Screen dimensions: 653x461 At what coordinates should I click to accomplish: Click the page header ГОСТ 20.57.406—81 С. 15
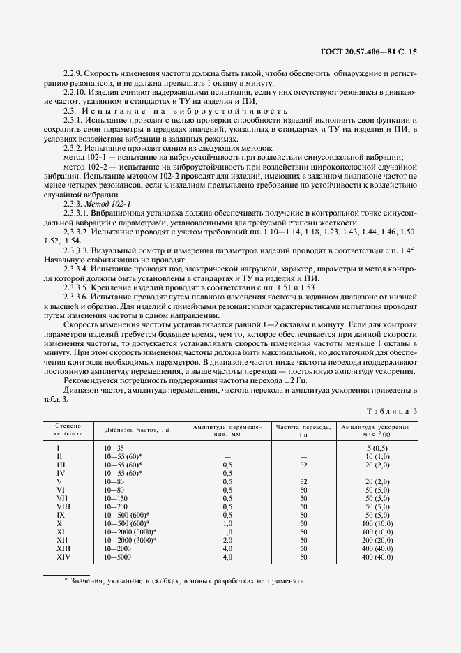(x=377, y=52)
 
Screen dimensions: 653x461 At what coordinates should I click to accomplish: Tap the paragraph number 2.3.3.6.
(x=80, y=296)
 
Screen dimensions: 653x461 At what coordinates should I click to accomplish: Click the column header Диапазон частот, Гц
(x=133, y=430)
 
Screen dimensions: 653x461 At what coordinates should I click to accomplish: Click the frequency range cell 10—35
(x=114, y=446)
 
